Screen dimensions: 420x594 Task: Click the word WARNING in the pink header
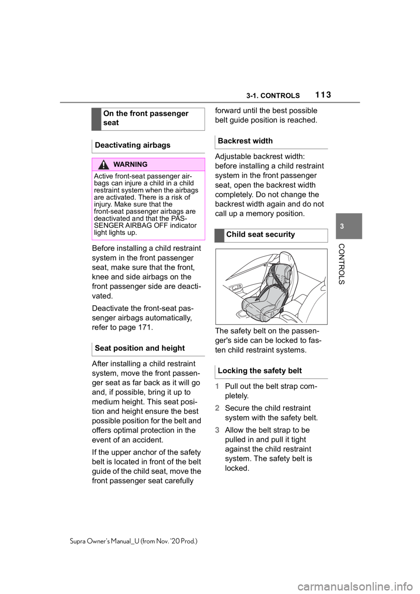130,164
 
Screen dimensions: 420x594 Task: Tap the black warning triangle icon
104,164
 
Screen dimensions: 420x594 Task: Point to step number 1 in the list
217,387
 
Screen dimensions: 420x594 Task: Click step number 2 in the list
217,408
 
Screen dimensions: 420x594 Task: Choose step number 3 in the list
217,430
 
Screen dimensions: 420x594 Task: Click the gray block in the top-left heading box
97,119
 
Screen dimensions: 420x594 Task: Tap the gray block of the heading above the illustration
220,235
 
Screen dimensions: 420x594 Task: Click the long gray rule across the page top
210,102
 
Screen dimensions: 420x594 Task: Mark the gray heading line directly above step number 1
271,378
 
